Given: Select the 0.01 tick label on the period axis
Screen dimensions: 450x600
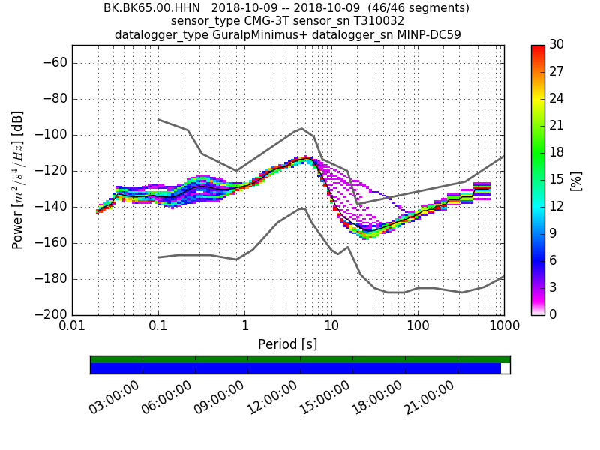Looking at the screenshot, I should pyautogui.click(x=72, y=327).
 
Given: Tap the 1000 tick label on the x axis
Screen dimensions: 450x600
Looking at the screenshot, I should pyautogui.click(x=503, y=327).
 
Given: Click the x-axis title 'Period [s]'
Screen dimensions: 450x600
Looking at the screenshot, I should pyautogui.click(x=288, y=344).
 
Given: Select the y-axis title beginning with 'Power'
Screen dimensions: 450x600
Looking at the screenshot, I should pyautogui.click(x=18, y=180).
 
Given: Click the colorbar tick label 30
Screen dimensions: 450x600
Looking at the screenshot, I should pyautogui.click(x=556, y=45).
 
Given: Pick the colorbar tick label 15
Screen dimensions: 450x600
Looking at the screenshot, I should pyautogui.click(x=556, y=179).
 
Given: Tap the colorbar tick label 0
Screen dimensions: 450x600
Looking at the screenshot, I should pyautogui.click(x=553, y=313).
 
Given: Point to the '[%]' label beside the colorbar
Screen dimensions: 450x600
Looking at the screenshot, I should pyautogui.click(x=576, y=180).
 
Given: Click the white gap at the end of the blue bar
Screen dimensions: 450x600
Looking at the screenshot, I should pyautogui.click(x=505, y=368).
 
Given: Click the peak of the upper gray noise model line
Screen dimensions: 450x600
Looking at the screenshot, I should pyautogui.click(x=301, y=128).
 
